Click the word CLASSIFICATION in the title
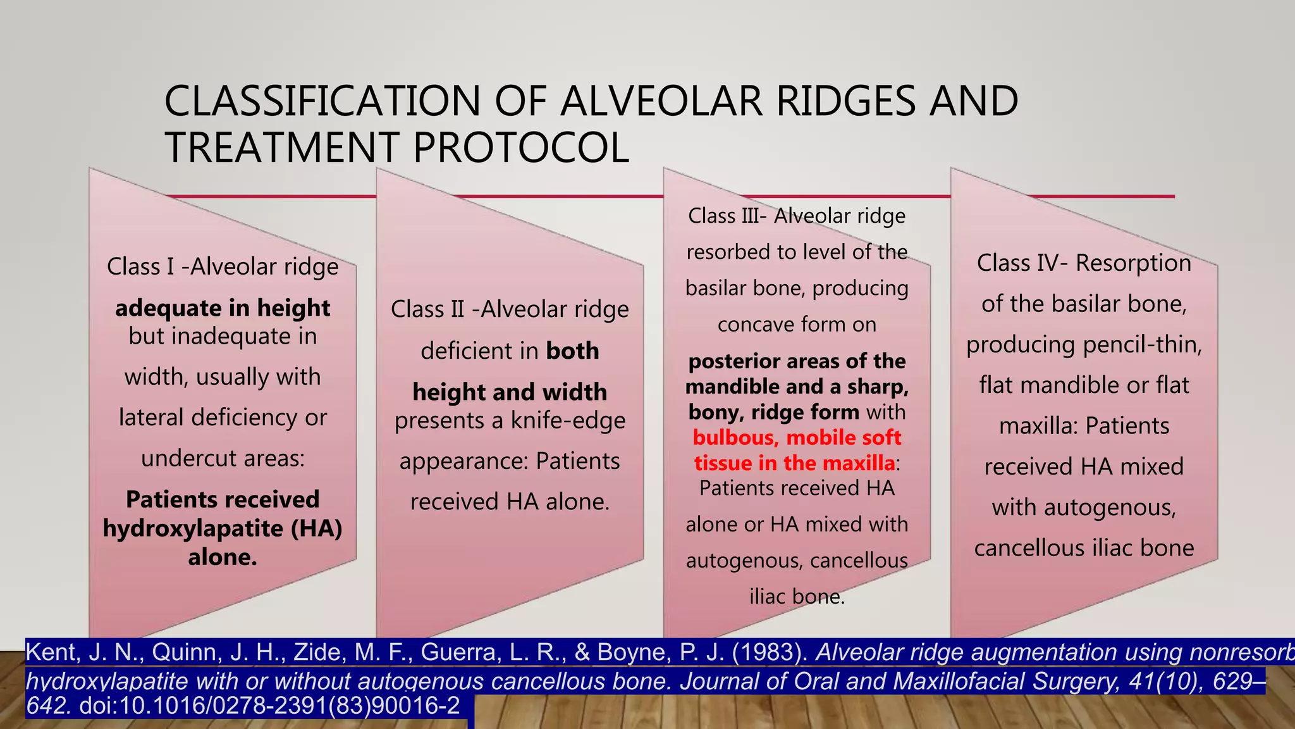tap(322, 101)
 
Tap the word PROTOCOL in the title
tap(521, 147)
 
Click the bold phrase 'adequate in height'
tap(223, 308)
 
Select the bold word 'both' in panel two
tap(572, 351)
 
